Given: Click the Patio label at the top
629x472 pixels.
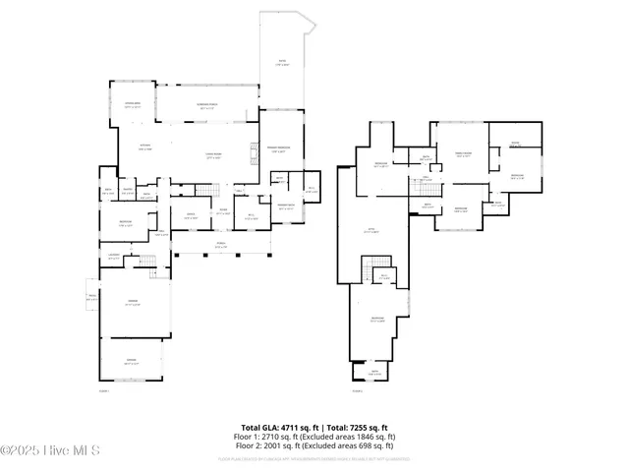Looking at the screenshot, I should point(279,66).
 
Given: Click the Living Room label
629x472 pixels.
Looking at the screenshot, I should point(212,156).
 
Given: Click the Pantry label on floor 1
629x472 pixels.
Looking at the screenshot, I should point(128,192).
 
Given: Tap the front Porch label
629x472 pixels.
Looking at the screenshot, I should point(220,247).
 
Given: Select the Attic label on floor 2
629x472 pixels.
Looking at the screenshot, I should point(372,232).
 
